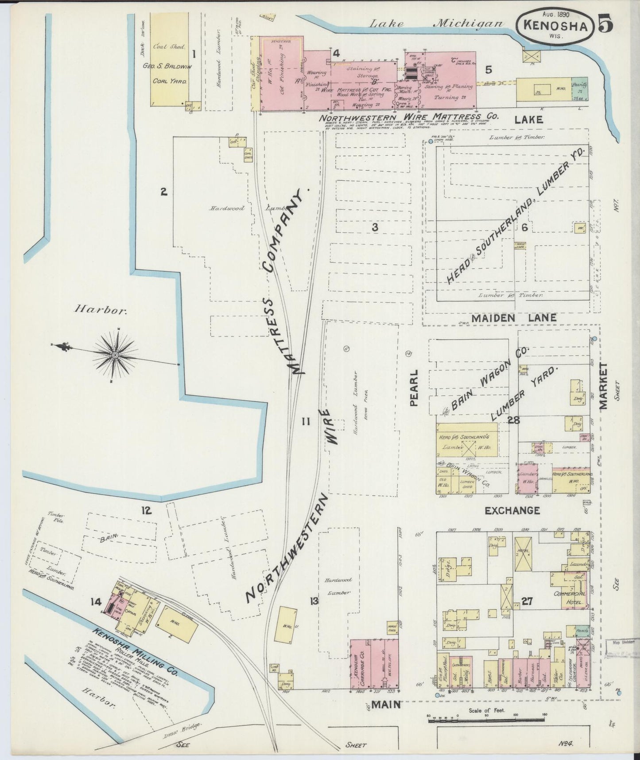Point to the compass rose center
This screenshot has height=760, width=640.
pos(115,355)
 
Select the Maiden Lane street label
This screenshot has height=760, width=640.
pos(514,318)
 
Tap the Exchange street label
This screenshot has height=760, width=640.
pos(512,510)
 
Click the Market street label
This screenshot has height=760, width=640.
pos(604,385)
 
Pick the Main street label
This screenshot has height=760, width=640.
pos(386,704)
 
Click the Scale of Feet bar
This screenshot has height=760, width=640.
pos(486,719)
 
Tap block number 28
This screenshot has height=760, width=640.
pos(514,420)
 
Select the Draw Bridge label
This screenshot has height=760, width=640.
pos(188,727)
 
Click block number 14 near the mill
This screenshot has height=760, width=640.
pos(96,602)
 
